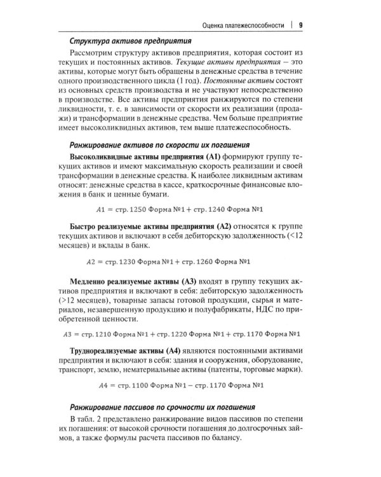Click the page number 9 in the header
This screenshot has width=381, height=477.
point(299,26)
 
